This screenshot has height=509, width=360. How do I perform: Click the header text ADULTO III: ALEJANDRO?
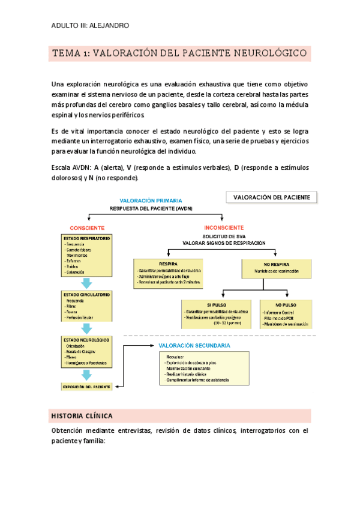point(90,25)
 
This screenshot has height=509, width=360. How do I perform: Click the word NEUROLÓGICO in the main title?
point(272,53)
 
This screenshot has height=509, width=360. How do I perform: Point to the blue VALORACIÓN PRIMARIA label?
point(151,200)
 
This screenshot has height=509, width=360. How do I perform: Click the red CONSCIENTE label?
point(87,228)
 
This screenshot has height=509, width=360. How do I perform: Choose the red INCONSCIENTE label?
point(224,228)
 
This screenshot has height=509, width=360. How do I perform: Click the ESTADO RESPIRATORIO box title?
point(86,238)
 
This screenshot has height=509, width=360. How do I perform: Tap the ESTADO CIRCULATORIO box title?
point(86,295)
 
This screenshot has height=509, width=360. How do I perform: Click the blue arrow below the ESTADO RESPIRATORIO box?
point(87,283)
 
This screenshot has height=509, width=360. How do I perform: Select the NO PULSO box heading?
point(285,305)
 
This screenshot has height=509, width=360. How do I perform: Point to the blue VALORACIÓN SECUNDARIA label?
point(194,346)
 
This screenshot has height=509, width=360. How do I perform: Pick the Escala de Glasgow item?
point(83,352)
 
